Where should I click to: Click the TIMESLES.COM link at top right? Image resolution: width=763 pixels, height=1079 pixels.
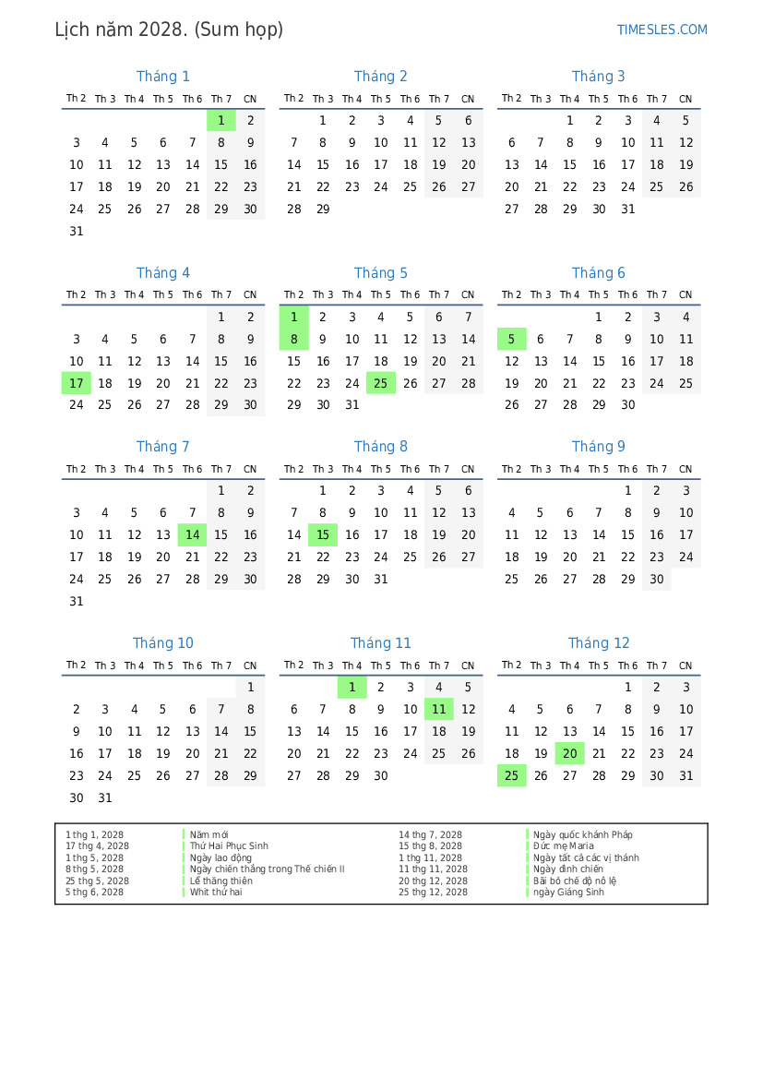coord(662,30)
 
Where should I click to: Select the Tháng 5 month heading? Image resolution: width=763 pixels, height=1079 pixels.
coord(380,273)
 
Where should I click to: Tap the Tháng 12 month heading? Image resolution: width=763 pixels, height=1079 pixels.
coord(599,643)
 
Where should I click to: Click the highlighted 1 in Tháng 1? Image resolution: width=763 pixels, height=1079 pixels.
coord(221,120)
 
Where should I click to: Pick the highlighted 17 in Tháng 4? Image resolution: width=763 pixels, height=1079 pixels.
coord(77,383)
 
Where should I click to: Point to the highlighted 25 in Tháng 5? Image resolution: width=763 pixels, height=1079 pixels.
coord(381,383)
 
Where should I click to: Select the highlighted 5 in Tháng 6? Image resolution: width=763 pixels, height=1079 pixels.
coord(512,339)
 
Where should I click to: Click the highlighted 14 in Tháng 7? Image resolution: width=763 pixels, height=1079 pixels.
coord(192,534)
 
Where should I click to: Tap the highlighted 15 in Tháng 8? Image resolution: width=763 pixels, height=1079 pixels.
coord(323,534)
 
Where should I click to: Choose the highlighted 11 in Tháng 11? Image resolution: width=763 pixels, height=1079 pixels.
coord(439,709)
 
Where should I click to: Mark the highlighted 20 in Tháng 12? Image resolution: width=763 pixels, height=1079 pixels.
coord(570,753)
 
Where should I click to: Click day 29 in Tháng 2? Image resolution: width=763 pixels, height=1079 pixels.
coord(323,209)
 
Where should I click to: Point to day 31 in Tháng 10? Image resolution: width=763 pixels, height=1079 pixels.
coord(105,797)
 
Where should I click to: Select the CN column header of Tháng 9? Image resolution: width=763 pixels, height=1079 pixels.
coord(686,469)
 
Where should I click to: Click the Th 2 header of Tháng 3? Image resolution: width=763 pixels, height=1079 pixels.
coord(511,99)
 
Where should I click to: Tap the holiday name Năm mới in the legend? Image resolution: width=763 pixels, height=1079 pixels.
coord(209,834)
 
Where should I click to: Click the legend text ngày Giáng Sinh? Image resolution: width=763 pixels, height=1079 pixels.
coord(568,892)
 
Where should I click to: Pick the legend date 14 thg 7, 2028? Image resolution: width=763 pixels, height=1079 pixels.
coord(430,834)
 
